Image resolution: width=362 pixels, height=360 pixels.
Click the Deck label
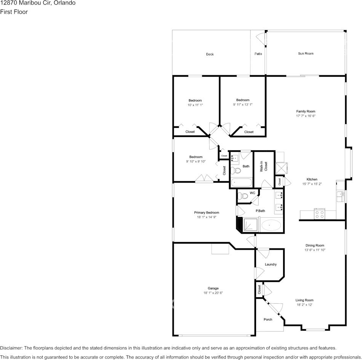(x=210, y=54)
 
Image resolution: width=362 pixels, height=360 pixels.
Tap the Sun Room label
(x=306, y=54)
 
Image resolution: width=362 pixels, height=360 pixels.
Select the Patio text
(x=258, y=54)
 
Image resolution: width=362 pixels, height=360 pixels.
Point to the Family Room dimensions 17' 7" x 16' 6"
(x=306, y=116)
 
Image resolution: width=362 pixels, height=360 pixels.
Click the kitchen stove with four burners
(x=319, y=214)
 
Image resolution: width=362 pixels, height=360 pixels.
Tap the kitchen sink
(x=340, y=196)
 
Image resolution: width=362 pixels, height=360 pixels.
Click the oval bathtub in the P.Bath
(x=271, y=225)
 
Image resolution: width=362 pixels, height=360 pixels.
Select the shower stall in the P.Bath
(x=250, y=225)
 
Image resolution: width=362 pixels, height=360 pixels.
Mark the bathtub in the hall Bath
(x=241, y=182)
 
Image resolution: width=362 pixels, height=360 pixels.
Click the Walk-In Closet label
(x=264, y=166)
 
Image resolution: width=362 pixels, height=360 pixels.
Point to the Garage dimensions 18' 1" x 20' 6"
(x=213, y=293)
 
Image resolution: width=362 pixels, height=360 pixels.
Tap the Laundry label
(x=271, y=264)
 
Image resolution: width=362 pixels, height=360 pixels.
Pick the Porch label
(x=268, y=319)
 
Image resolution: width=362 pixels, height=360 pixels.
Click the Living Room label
(x=304, y=300)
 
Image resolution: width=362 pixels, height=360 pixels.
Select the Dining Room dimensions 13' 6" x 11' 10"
(x=315, y=250)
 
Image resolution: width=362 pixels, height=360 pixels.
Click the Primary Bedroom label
(x=207, y=213)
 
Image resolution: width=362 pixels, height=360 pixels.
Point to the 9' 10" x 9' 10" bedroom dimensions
(x=196, y=161)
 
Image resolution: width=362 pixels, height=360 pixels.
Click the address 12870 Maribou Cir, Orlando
(x=38, y=3)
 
